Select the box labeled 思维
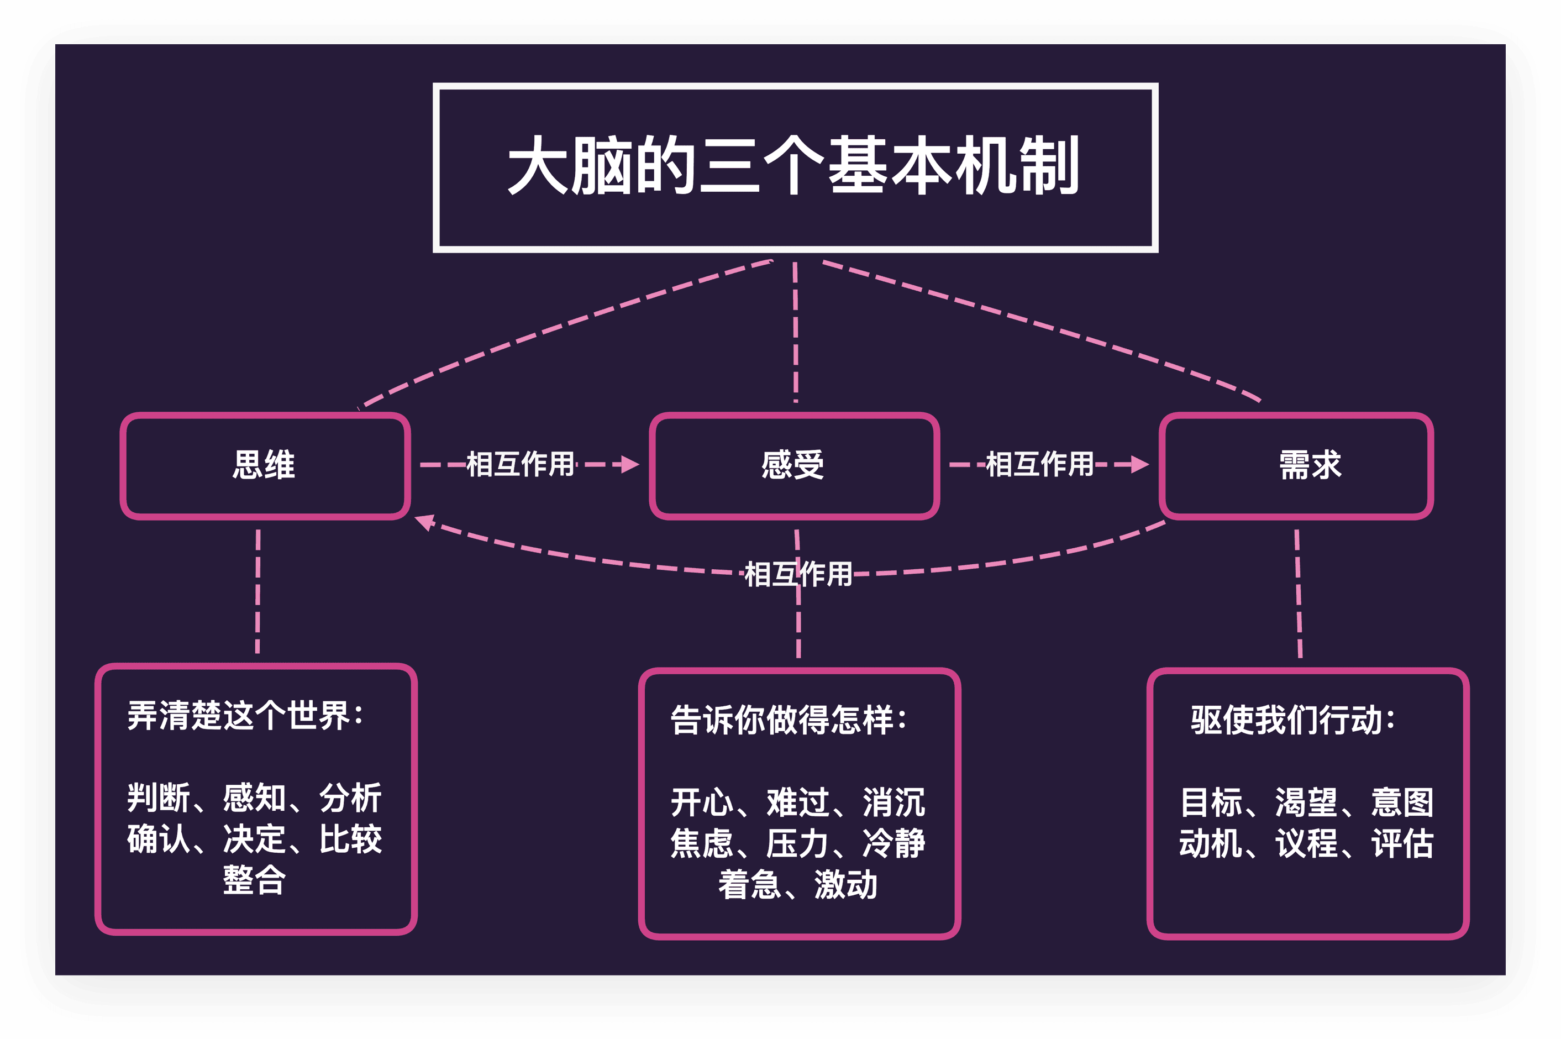click(x=264, y=465)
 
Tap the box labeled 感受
click(x=793, y=465)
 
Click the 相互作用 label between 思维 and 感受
click(x=520, y=464)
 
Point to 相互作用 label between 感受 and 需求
click(x=1039, y=464)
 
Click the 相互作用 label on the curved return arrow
click(x=798, y=574)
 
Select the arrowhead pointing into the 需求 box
click(x=1139, y=464)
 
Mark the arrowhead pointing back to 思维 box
click(x=424, y=522)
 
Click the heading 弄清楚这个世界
click(x=245, y=716)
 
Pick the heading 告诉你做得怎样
click(x=789, y=720)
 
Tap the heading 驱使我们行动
click(x=1292, y=720)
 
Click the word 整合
click(x=254, y=880)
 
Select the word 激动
click(x=846, y=885)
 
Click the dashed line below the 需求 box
click(x=1299, y=593)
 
